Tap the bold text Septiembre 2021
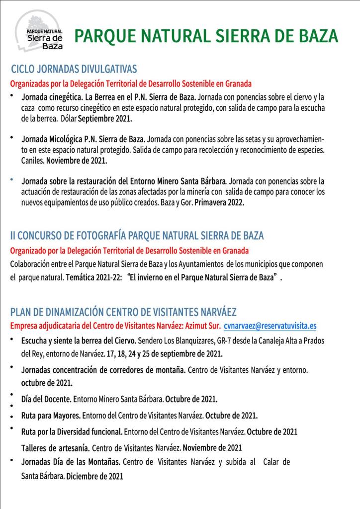tap(105, 119)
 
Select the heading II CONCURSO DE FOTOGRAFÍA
tap(137, 235)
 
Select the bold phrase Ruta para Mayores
tap(51, 416)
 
